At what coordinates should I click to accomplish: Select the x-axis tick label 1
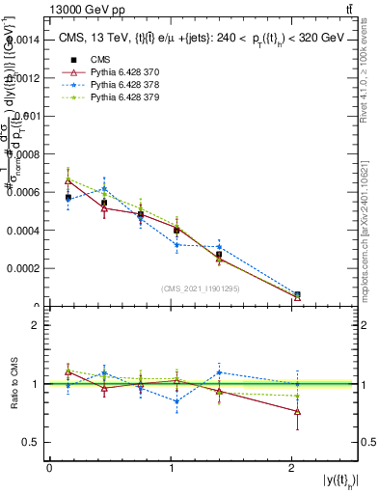(171, 468)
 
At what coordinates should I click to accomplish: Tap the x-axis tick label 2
(291, 468)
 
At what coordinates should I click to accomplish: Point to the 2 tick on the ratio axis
(37, 325)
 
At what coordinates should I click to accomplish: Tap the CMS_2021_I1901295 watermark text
(202, 288)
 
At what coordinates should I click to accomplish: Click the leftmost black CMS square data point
(68, 197)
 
